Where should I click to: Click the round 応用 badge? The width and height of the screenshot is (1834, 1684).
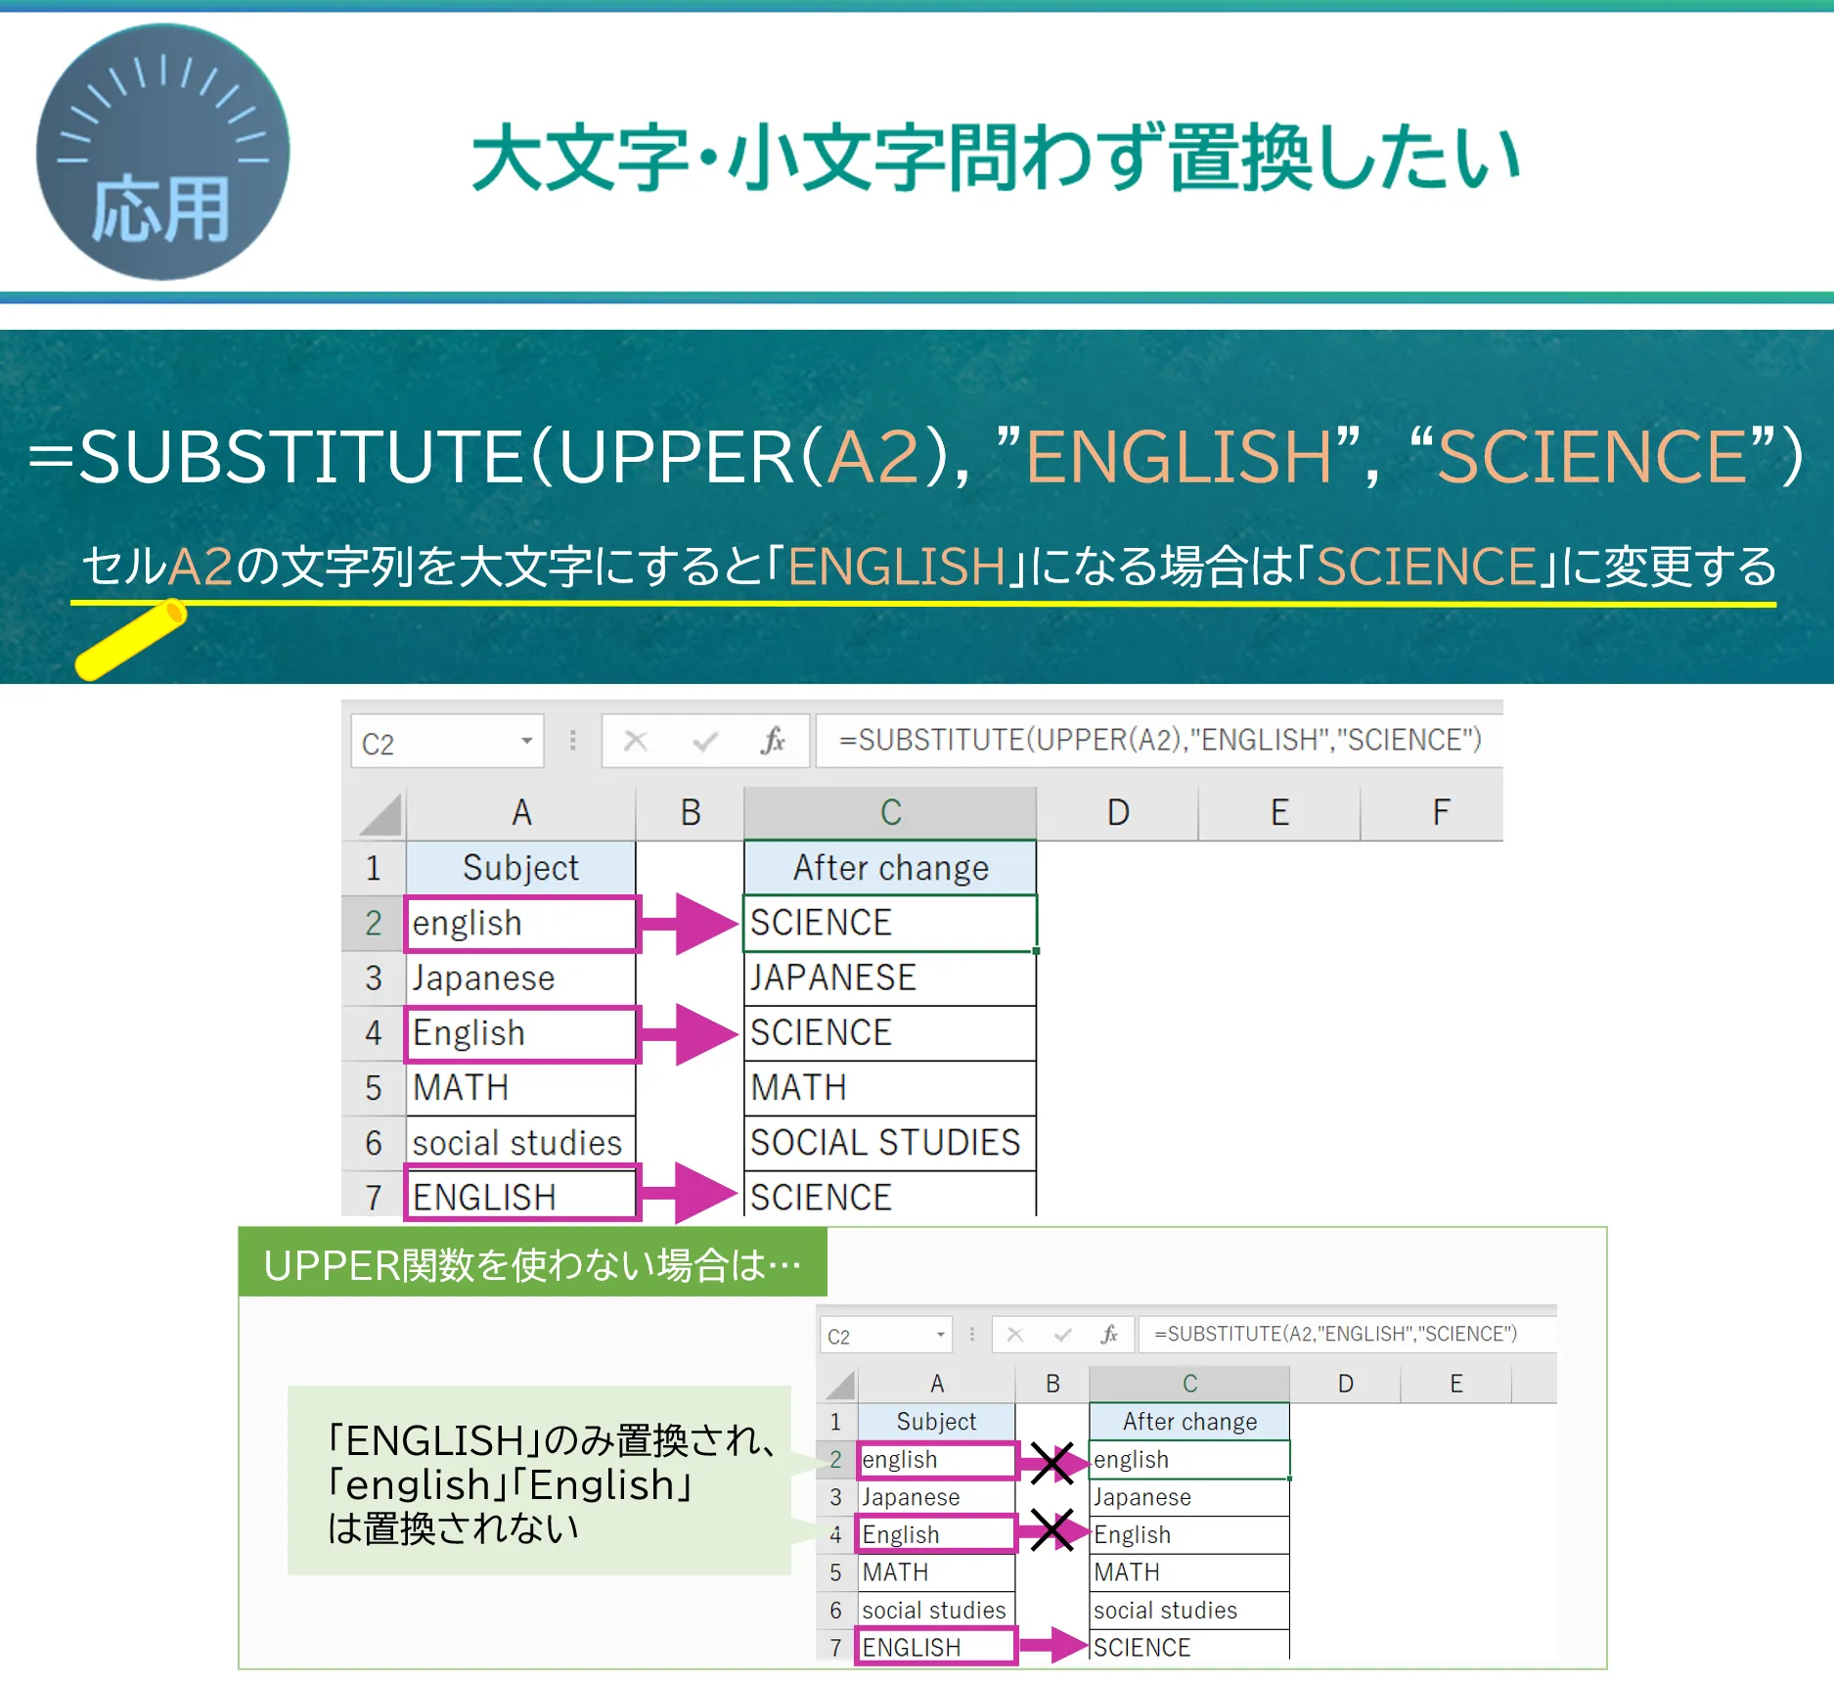pos(162,152)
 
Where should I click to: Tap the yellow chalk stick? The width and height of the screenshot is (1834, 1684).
pos(131,640)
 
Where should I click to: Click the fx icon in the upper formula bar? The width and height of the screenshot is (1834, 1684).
pos(773,741)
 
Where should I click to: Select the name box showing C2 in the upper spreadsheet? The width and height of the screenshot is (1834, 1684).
pos(447,742)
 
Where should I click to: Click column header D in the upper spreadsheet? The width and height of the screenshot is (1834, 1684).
pos(1118,812)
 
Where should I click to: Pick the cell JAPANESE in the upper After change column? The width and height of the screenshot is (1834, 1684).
pos(889,978)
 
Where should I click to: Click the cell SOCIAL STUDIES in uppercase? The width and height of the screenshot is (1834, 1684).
pos(889,1142)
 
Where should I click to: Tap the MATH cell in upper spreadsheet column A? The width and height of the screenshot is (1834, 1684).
pos(520,1087)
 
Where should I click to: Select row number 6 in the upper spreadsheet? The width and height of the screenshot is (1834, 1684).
pos(373,1143)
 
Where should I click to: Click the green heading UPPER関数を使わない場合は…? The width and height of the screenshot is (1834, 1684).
pos(533,1264)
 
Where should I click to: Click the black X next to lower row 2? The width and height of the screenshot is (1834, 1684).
pos(1052,1462)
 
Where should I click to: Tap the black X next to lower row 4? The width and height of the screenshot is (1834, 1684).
pos(1052,1531)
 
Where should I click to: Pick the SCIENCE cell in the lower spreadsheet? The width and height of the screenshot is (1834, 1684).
pos(1189,1647)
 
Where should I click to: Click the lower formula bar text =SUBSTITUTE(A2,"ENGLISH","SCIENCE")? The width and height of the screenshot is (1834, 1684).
pos(1335,1334)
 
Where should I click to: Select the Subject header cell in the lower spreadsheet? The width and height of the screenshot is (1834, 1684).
pos(936,1422)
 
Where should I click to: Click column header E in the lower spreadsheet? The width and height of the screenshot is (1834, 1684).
pos(1456,1384)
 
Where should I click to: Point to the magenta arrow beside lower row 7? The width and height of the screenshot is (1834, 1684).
pos(1053,1645)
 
